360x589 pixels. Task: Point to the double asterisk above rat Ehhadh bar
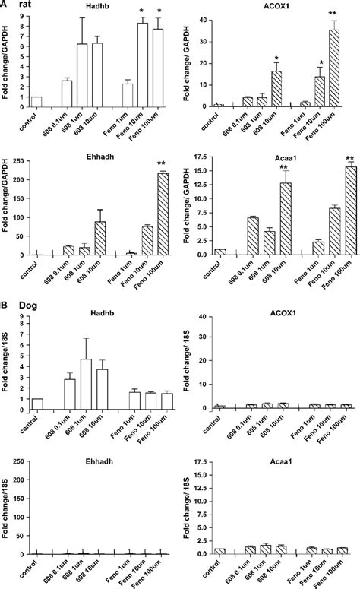click(161, 166)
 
